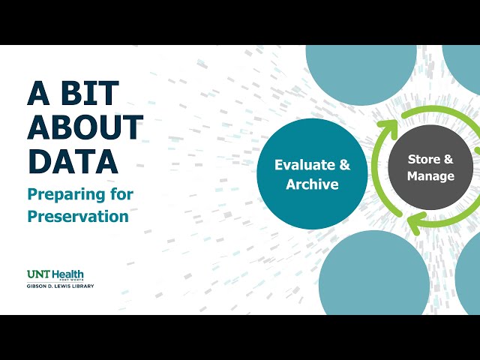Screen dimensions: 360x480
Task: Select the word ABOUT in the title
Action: tap(85, 127)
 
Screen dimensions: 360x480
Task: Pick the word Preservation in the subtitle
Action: tap(78, 216)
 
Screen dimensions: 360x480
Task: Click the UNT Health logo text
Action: tap(55, 274)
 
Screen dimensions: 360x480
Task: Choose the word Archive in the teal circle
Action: tap(312, 184)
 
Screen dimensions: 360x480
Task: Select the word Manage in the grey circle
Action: tap(430, 177)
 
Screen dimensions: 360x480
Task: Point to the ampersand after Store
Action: tap(448, 159)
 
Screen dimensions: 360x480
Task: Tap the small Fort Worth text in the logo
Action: tap(73, 280)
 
